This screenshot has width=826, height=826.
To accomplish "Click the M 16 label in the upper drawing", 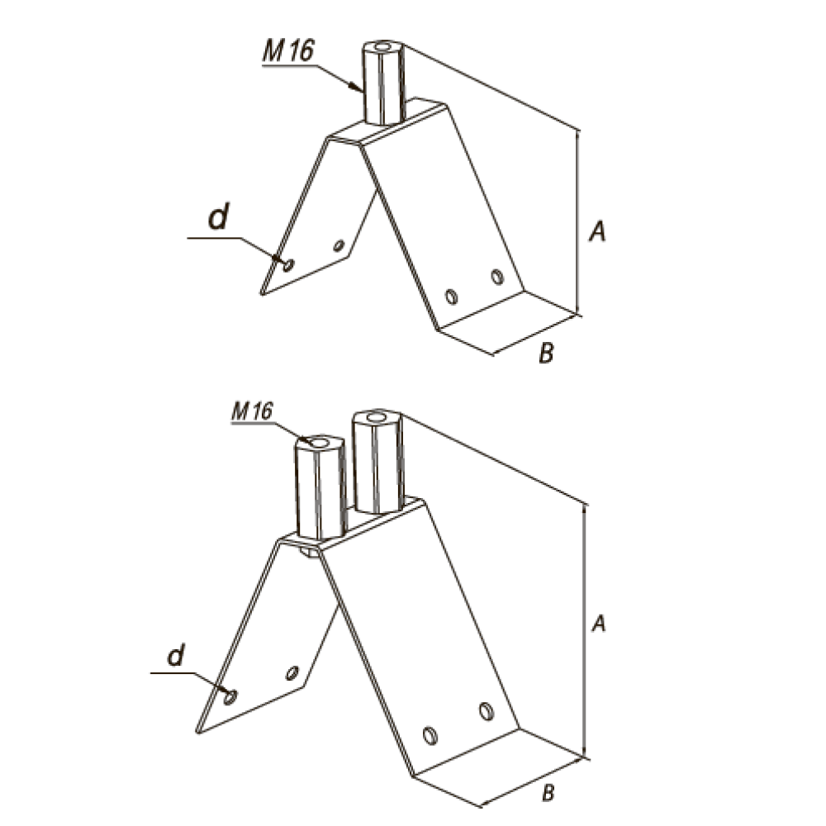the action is click(288, 51).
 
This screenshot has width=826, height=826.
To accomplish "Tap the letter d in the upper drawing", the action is click(219, 216).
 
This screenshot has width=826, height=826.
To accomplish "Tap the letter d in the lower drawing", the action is click(176, 655).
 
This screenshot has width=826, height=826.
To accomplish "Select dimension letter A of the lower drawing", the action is click(598, 623).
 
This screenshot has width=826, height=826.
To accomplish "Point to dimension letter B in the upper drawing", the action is click(546, 353).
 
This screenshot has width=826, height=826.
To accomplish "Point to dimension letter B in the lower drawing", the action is click(548, 792).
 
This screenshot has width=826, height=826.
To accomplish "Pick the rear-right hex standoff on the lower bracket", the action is click(377, 462).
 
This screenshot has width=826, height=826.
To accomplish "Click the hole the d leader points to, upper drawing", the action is click(288, 265).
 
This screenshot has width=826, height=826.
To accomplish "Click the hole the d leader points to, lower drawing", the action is click(230, 697).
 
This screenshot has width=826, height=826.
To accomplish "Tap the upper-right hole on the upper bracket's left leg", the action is click(339, 245).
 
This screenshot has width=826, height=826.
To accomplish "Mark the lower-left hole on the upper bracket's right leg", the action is click(451, 297).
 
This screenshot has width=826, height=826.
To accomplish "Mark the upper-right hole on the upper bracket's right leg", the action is click(496, 276).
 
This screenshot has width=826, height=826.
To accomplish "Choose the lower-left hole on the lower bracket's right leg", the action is click(430, 735).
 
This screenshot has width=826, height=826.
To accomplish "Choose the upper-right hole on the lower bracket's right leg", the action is click(487, 711).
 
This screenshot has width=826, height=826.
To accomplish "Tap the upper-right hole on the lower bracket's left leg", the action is click(292, 672).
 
